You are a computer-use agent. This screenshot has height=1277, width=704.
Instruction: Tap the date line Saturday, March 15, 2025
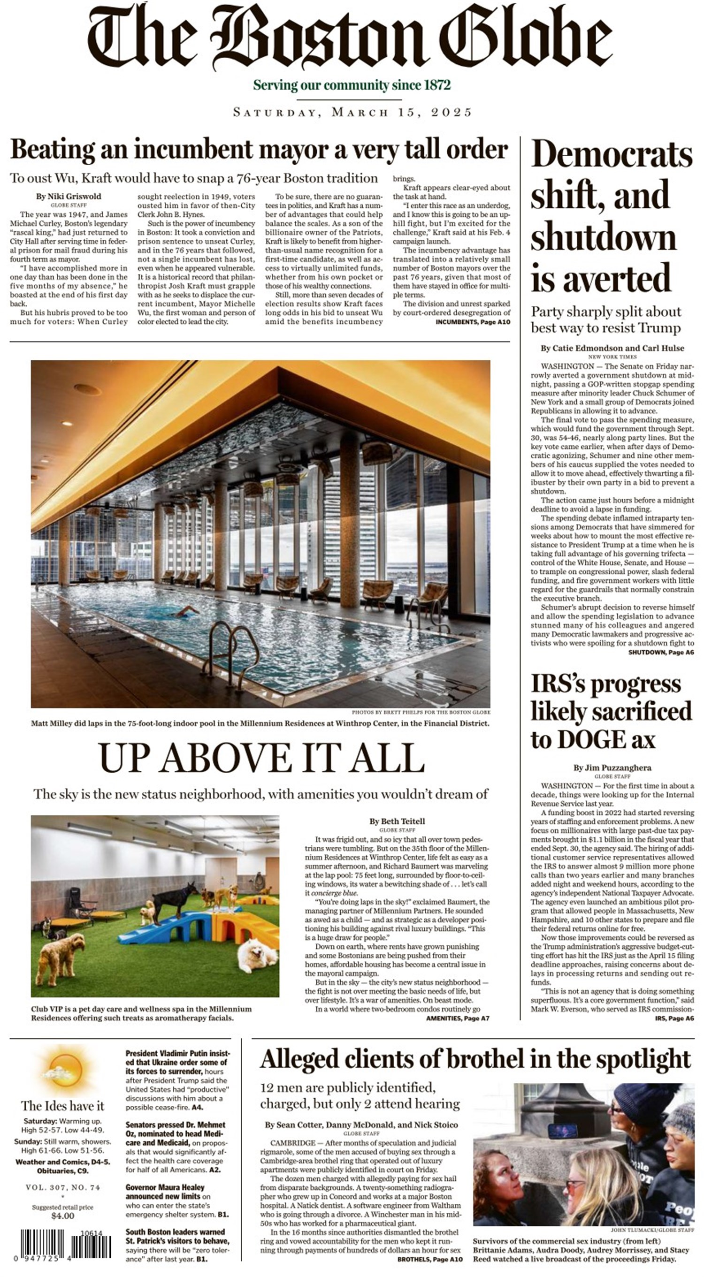click(352, 112)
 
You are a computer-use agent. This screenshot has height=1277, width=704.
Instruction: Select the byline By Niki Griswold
click(69, 196)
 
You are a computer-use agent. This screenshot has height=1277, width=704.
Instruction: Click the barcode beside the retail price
click(66, 1243)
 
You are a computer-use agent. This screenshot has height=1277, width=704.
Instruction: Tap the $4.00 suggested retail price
click(62, 1216)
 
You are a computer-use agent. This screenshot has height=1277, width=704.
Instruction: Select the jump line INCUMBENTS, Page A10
click(473, 322)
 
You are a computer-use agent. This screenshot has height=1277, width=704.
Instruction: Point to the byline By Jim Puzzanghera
click(612, 768)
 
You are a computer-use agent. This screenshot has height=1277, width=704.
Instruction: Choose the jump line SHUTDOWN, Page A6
click(661, 653)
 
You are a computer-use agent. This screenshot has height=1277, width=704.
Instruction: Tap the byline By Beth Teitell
click(397, 821)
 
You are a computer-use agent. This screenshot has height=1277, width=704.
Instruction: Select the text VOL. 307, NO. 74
click(62, 1187)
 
